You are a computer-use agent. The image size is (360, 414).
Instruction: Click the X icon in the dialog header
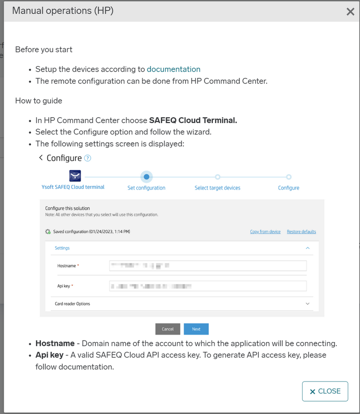coord(350,12)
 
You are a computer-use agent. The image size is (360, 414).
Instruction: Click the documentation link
coord(173,69)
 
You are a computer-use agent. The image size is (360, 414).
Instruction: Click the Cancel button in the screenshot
coord(168,329)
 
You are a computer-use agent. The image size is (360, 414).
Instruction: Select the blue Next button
coord(196,329)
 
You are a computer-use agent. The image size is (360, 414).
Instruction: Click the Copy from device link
coord(265,232)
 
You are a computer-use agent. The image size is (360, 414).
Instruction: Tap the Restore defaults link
coord(301,232)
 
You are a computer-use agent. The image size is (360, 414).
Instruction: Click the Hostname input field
coord(208,265)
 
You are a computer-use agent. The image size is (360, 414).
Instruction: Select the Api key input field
coord(208,286)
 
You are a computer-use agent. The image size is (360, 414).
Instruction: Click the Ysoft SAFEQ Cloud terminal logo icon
coord(75,176)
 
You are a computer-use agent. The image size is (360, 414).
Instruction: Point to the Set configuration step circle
coord(146,177)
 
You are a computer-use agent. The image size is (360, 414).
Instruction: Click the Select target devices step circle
coord(217,177)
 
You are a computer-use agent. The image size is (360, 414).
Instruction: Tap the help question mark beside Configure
coord(87,158)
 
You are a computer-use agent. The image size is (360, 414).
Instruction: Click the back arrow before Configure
coord(41,158)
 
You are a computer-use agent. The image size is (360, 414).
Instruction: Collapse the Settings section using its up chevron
coord(308,248)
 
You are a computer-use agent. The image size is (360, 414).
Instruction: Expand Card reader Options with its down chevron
coord(308,304)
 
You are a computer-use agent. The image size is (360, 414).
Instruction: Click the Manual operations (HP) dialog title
coord(62,11)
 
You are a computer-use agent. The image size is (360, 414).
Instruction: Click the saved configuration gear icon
coord(48,232)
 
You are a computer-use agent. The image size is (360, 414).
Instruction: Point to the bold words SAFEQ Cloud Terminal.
coord(193,120)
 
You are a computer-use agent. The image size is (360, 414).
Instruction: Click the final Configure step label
coord(288,188)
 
